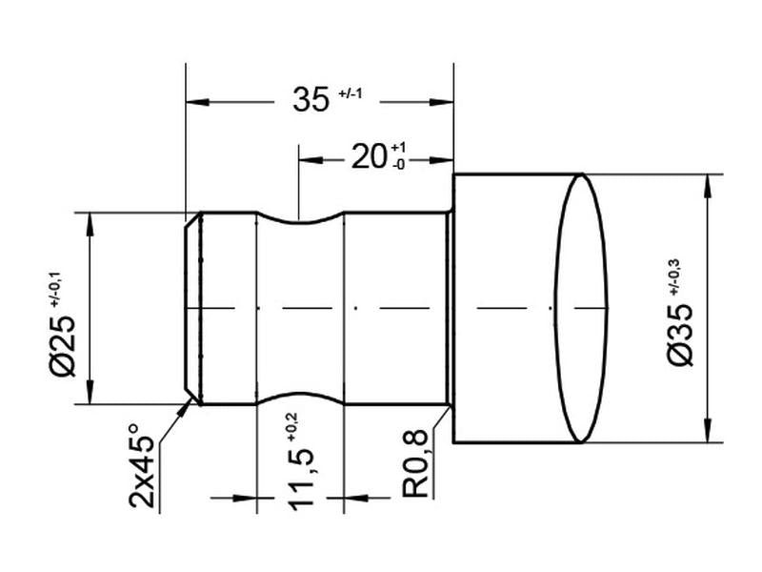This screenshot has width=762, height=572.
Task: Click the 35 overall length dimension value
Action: (311, 100)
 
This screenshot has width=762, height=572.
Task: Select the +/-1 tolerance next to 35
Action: (351, 93)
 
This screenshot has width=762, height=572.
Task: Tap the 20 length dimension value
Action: (369, 157)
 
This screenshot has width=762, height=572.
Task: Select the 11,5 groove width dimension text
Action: (302, 484)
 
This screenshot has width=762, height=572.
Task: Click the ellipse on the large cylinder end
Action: (581, 308)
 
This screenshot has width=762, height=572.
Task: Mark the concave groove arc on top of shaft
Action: (300, 222)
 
